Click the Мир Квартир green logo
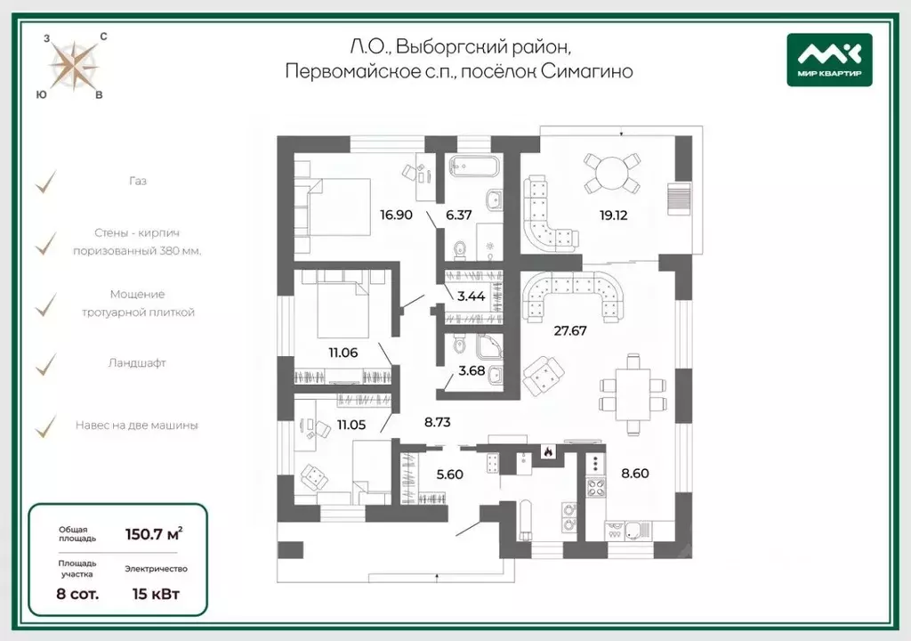(829, 60)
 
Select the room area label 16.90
(396, 215)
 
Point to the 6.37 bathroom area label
(458, 215)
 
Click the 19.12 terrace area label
(614, 215)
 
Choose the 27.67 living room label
(570, 330)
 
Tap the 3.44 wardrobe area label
(471, 296)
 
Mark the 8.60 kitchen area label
(635, 473)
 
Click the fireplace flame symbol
(547, 450)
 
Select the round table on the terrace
(611, 174)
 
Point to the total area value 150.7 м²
(154, 532)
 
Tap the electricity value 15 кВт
(156, 594)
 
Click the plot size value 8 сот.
(77, 594)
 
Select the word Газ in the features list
(138, 181)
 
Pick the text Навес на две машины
(136, 426)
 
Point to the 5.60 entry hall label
(449, 474)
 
